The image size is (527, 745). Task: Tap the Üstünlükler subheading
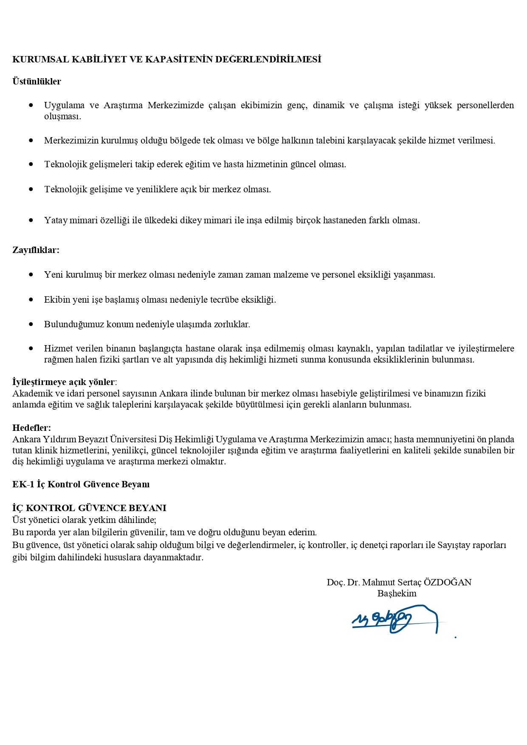pos(37,82)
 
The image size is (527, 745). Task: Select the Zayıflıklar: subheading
pos(36,250)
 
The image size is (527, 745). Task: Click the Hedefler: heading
pos(31,427)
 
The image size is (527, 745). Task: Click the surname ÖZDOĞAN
pos(448,582)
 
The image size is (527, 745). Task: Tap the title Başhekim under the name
pos(397,593)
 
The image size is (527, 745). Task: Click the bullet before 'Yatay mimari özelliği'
pos(31,220)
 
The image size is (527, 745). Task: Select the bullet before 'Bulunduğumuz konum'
pos(31,324)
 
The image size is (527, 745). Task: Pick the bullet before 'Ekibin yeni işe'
pos(31,299)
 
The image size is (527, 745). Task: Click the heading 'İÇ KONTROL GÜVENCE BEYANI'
pos(89,508)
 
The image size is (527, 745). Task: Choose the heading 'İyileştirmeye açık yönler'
pos(63,382)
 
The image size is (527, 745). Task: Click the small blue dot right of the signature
pos(455,637)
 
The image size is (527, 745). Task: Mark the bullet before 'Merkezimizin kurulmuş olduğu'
pos(31,140)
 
